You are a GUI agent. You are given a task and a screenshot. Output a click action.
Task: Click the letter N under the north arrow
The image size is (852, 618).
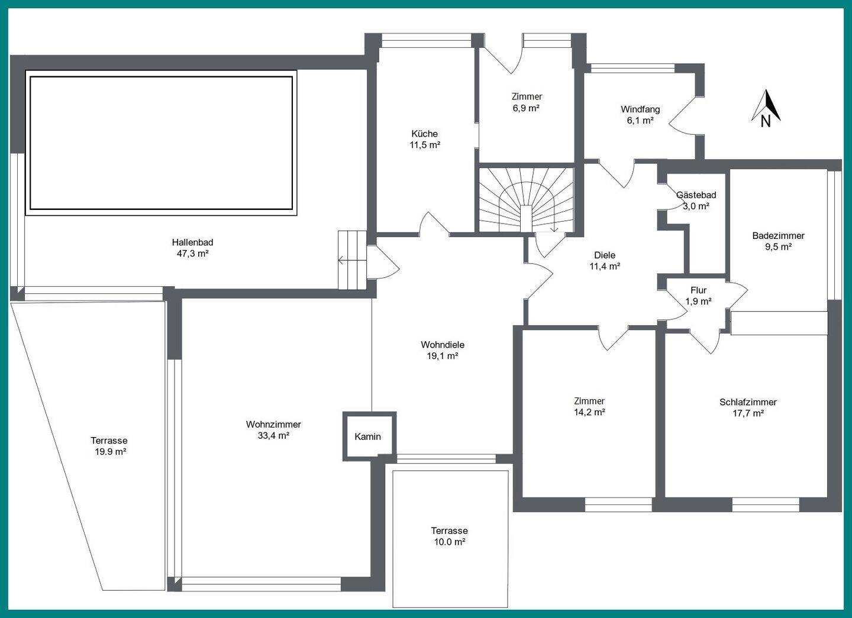766,122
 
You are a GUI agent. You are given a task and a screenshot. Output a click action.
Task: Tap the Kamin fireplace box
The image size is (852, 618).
369,436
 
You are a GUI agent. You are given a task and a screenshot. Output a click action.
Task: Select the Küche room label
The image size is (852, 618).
424,134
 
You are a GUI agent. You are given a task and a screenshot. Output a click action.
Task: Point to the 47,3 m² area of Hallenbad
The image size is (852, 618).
192,254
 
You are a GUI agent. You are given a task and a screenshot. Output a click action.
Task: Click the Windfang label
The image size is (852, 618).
641,109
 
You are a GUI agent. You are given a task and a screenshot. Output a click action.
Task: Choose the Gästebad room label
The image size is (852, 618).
696,195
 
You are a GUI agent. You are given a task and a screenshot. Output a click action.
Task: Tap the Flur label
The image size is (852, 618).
699,290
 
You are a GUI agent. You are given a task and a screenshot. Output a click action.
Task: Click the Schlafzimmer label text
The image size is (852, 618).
748,402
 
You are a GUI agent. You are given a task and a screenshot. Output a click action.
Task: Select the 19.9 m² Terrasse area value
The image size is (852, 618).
110,452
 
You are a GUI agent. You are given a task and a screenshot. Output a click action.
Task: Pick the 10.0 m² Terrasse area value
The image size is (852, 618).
450,542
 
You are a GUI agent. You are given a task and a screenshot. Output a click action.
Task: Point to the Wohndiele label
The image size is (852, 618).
443,345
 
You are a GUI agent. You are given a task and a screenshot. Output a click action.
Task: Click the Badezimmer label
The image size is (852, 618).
778,235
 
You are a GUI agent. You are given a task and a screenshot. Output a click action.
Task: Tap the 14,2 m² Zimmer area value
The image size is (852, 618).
589,412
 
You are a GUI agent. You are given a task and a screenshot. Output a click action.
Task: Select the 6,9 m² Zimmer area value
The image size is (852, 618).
527,108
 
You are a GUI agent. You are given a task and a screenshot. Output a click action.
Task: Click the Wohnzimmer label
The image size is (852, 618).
273,425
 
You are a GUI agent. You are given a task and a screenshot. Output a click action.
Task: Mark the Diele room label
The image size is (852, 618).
605,255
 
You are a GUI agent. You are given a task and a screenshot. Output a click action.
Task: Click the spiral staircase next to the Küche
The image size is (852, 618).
526,199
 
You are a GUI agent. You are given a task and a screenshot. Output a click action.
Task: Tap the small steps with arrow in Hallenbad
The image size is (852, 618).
352,260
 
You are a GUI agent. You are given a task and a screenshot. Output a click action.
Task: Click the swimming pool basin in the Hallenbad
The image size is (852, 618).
162,143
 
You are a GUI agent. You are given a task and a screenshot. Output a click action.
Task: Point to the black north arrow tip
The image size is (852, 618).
766,90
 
